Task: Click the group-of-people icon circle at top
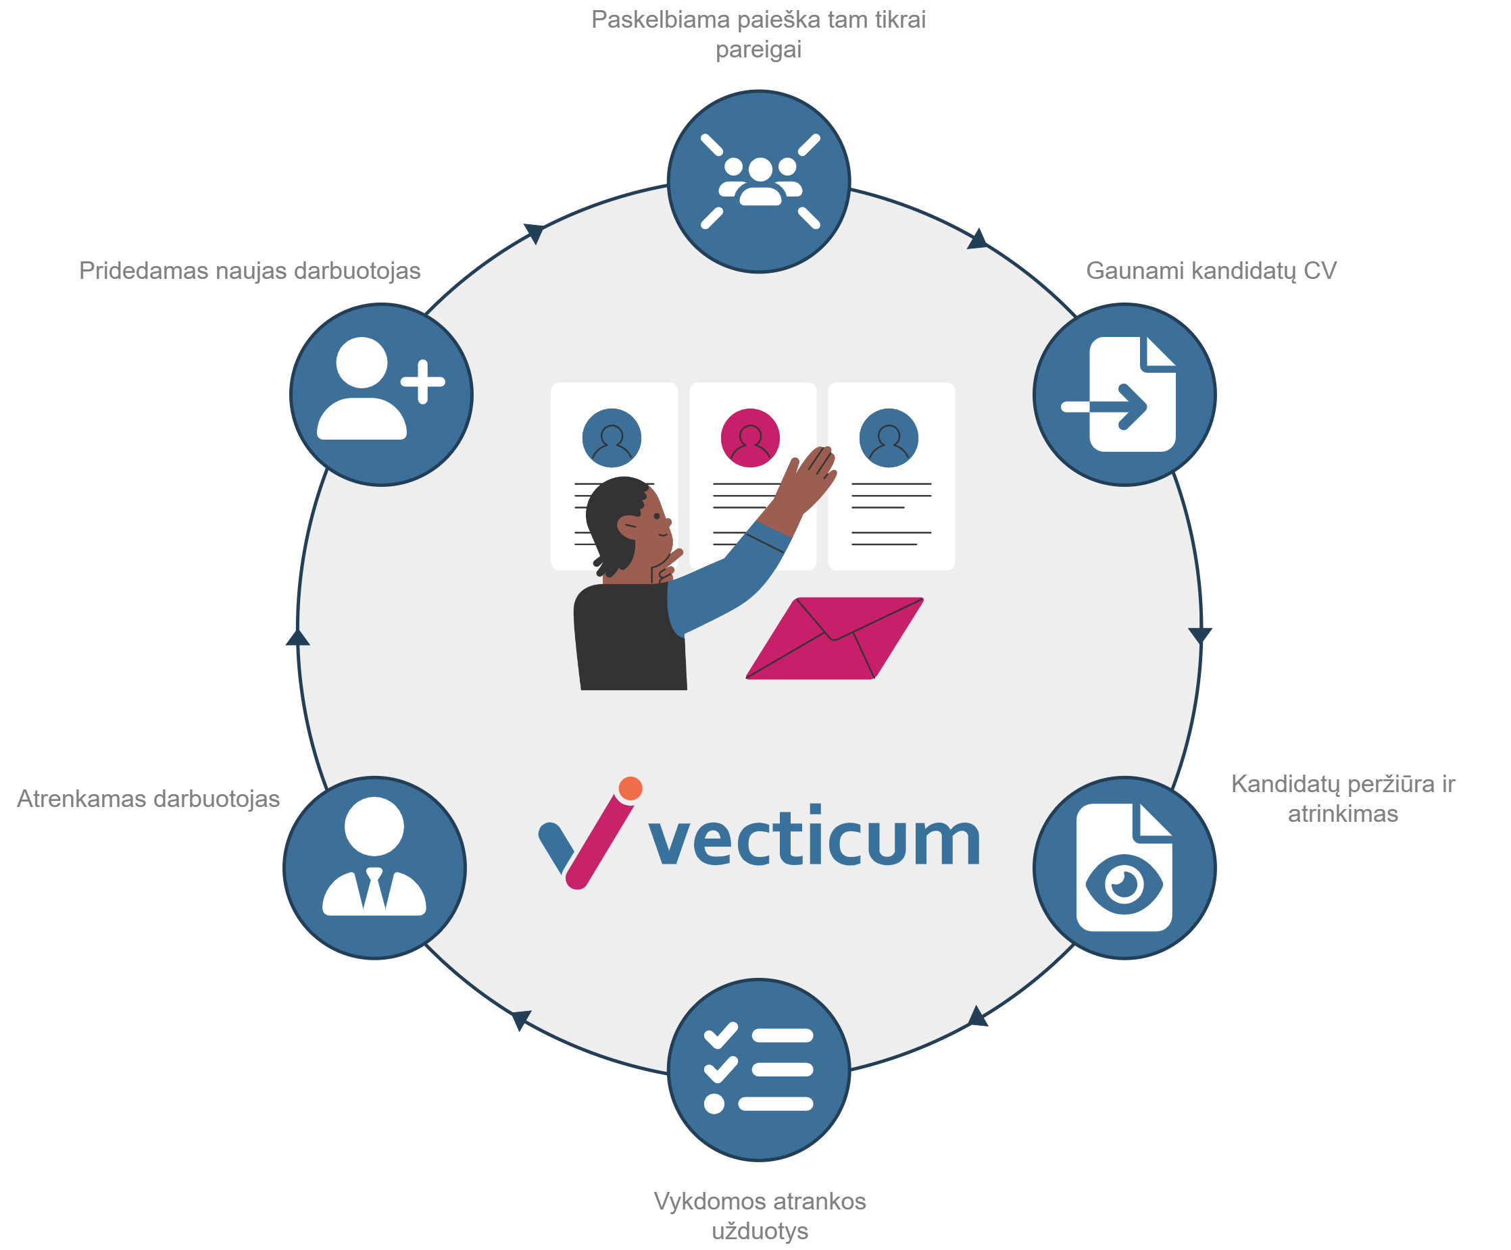(758, 181)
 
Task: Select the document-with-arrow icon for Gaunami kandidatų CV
(1124, 394)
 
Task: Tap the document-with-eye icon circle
(1124, 867)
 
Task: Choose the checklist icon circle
(758, 1070)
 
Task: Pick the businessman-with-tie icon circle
(374, 867)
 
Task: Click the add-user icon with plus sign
(380, 394)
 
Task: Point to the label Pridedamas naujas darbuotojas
(249, 271)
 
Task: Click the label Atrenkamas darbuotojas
(148, 799)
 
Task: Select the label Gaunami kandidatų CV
(1211, 271)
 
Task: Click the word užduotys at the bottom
(760, 1230)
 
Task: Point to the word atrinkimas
(1343, 814)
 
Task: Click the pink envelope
(835, 638)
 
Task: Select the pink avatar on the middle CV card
(749, 438)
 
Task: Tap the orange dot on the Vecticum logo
(630, 788)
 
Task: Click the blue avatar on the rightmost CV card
(889, 438)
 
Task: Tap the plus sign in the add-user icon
(422, 381)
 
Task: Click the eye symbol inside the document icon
(1124, 884)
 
